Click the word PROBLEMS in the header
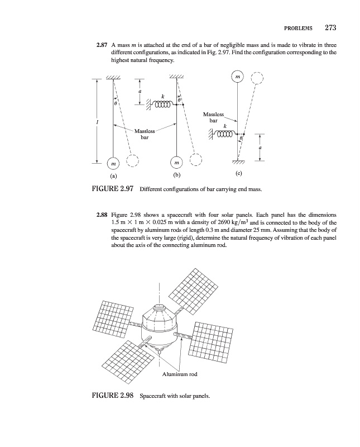click(299, 28)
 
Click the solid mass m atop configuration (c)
click(237, 75)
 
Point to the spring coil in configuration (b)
click(162, 104)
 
